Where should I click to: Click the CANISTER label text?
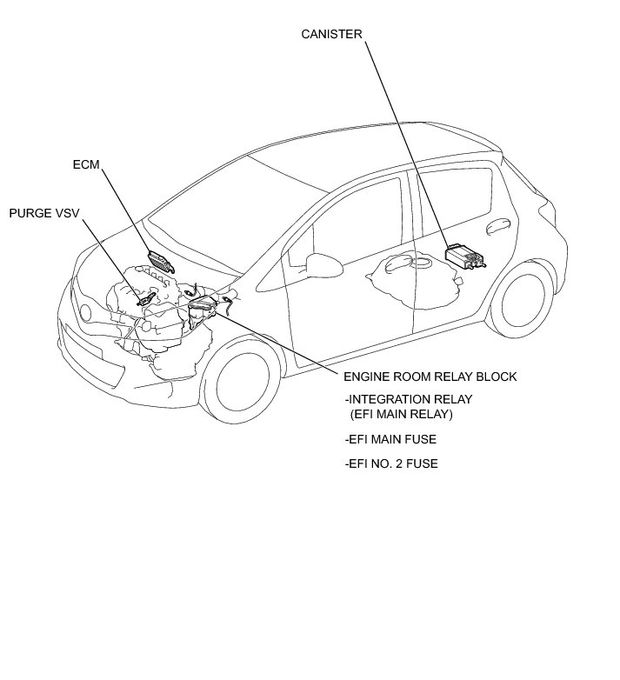click(331, 35)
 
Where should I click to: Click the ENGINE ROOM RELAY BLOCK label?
click(430, 377)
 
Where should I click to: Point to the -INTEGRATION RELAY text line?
click(408, 399)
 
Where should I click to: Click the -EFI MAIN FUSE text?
click(390, 440)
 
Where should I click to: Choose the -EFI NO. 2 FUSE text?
click(391, 463)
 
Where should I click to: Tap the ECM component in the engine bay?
click(159, 260)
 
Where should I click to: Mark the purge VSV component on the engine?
click(147, 299)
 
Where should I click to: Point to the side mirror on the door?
click(317, 263)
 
